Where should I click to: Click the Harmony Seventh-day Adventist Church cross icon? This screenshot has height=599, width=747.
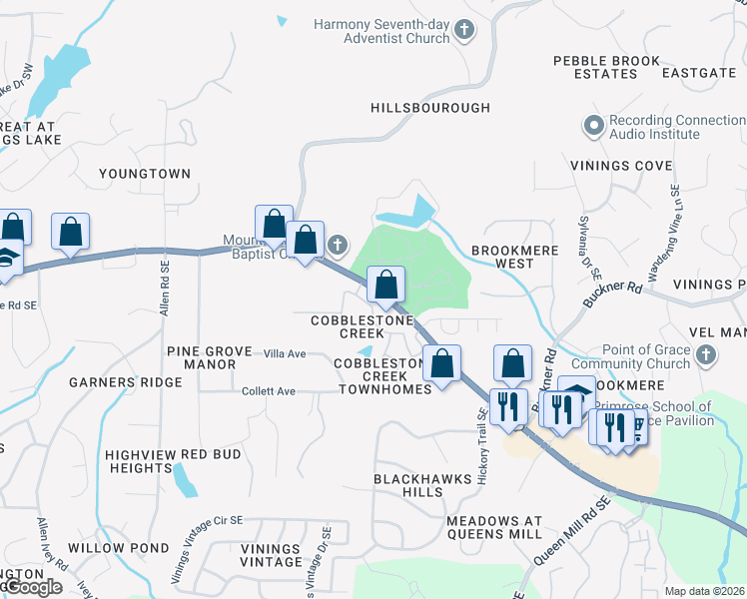[x=463, y=31]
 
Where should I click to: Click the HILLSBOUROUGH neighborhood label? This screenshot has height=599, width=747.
[x=430, y=108]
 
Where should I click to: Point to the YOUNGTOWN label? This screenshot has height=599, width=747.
[x=145, y=174]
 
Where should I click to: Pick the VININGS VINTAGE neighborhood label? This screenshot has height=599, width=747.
[x=270, y=555]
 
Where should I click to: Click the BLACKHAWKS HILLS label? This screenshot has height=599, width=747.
[x=421, y=485]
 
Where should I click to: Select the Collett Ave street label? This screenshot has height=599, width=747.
[x=269, y=391]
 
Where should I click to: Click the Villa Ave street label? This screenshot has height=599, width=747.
[x=284, y=354]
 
